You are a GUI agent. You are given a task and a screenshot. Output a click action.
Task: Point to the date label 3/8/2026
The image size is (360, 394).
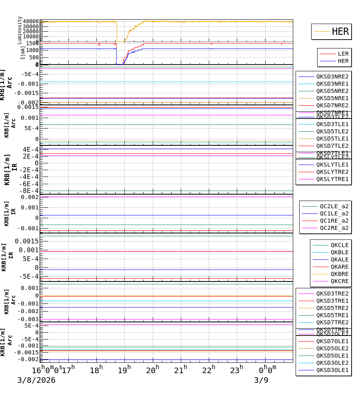36,380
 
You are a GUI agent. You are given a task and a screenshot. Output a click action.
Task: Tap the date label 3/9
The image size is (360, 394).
261,380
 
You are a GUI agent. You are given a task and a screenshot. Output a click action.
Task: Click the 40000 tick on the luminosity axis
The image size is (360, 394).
31,21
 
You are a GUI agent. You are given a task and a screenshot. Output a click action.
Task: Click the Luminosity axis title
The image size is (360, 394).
20,30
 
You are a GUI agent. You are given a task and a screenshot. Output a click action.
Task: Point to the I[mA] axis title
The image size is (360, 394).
23,52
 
